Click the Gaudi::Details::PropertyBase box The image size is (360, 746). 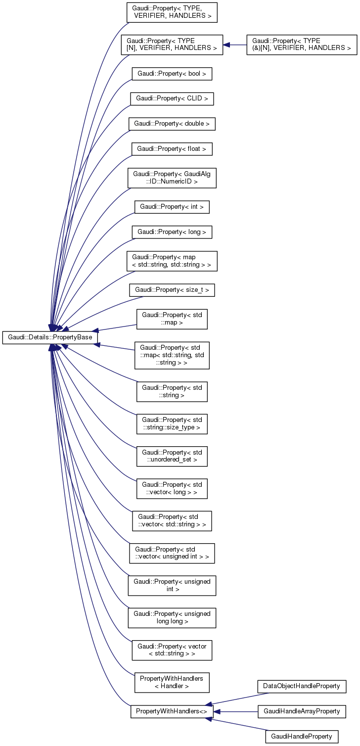point(50,337)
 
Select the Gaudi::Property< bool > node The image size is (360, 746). point(172,74)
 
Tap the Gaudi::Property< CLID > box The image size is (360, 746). point(172,98)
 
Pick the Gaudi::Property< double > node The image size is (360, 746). point(172,123)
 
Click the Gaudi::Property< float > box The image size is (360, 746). point(172,148)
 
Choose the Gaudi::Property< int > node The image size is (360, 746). point(172,207)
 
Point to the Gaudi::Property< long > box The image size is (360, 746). point(172,232)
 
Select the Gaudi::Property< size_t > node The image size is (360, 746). point(172,290)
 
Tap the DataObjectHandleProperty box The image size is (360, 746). point(302,686)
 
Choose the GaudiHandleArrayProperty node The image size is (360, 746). point(302,711)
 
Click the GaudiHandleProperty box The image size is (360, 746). point(302,736)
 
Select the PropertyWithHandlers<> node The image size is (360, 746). point(172,711)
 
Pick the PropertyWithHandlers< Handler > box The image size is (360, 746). point(172,682)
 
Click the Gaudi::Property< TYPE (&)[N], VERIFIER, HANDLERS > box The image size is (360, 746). point(302,45)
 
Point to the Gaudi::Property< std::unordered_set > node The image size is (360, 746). point(172,456)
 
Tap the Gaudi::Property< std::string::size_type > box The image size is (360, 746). point(172,423)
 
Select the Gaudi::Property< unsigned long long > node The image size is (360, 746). point(172,617)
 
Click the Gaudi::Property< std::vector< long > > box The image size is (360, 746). point(172,488)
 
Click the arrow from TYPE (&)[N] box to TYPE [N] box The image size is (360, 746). point(234,45)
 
